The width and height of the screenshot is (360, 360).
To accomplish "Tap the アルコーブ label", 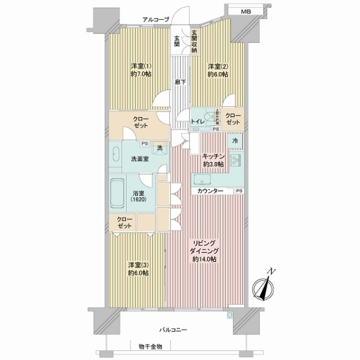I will coord(155,20).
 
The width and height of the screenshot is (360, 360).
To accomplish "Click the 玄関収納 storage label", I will coord(194,42).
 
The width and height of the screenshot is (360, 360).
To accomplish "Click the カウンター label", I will coord(210,191).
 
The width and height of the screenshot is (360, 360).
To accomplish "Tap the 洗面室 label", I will coord(139,160).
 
